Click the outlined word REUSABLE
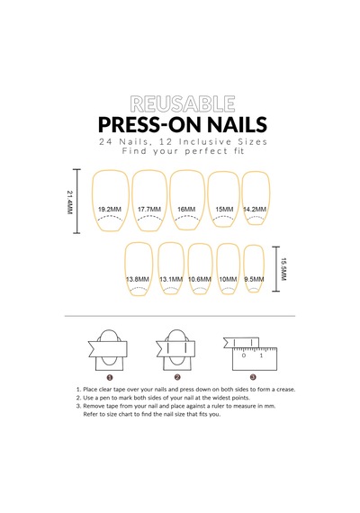click(183, 104)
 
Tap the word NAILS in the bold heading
click(237, 124)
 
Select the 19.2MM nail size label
click(110, 210)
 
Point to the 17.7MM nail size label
click(149, 210)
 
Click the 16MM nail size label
click(186, 210)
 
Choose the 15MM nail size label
click(224, 210)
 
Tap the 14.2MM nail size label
click(255, 210)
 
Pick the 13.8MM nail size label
click(138, 279)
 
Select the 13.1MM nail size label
click(171, 279)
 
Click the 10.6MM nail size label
click(200, 279)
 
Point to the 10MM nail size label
click(228, 279)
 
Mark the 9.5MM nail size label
click(254, 279)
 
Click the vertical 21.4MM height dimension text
click(69, 202)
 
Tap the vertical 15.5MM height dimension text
click(283, 269)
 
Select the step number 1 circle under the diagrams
click(110, 378)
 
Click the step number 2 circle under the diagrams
click(177, 377)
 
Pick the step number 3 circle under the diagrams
click(253, 377)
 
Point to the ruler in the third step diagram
click(255, 359)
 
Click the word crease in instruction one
click(285, 390)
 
